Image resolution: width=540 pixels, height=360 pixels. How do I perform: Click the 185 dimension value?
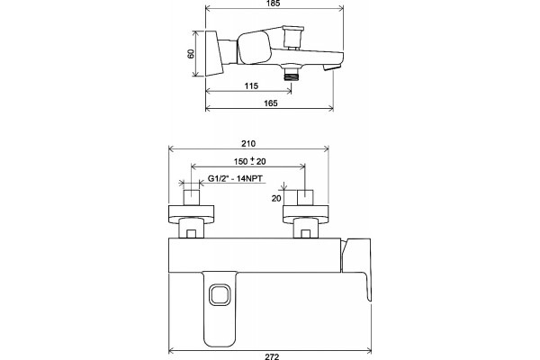click(273, 3)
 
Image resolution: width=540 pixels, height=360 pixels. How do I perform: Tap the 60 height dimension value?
click(191, 53)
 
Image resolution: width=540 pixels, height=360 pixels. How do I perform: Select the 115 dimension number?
click(251, 85)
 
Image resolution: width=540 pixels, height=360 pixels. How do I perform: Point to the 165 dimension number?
click(271, 103)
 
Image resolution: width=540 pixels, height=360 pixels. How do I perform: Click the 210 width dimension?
click(248, 143)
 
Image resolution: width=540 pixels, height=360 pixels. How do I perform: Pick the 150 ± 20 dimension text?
click(249, 161)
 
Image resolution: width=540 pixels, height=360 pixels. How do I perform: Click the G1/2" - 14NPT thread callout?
click(235, 178)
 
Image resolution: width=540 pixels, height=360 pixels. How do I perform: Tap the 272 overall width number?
click(272, 356)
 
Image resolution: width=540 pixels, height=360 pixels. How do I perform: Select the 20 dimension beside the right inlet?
click(276, 198)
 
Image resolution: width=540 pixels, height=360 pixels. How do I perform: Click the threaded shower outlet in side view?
click(292, 74)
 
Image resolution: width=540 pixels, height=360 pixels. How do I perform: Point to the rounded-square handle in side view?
click(254, 48)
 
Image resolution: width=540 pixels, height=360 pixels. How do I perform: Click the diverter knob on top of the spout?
click(292, 37)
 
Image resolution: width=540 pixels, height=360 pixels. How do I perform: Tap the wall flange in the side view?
click(214, 54)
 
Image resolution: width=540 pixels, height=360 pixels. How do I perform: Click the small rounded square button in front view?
click(220, 294)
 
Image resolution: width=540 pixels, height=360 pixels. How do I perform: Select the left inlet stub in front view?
click(192, 197)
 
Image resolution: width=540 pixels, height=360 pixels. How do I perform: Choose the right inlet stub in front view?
click(305, 197)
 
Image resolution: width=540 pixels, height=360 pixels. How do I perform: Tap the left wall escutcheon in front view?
click(191, 214)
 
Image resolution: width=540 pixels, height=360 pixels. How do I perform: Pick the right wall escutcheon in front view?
click(306, 214)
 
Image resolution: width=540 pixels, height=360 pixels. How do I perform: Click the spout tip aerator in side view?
click(332, 67)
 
